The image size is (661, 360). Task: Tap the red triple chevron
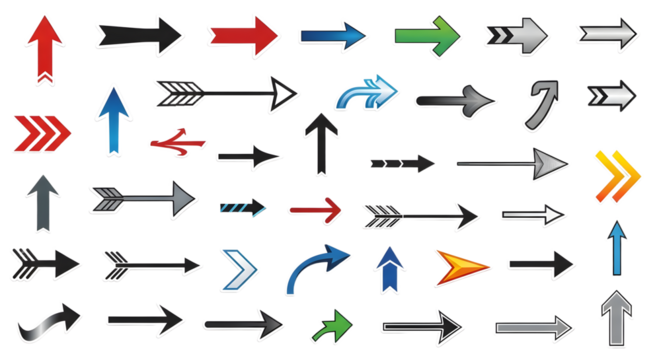(41, 131)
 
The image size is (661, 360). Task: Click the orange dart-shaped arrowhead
(462, 265)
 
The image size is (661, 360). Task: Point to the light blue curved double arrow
(365, 91)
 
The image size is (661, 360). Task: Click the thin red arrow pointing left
(178, 143)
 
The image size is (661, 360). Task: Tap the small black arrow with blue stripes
(243, 208)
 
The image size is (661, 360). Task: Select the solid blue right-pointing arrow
(334, 36)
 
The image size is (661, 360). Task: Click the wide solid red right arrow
(244, 35)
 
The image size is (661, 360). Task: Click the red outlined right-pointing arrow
(316, 209)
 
